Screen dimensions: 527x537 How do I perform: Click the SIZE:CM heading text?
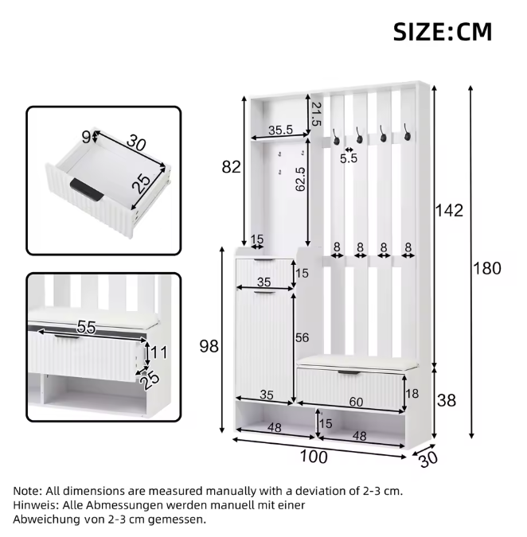[x=442, y=32]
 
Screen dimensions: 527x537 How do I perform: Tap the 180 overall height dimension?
[x=487, y=268]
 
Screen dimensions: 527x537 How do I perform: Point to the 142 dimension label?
[x=449, y=210]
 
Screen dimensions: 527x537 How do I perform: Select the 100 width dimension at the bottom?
[x=314, y=457]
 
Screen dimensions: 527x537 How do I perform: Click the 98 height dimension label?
[x=209, y=346]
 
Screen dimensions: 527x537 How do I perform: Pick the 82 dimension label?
[x=232, y=167]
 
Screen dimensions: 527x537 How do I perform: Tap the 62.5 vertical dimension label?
[x=299, y=179]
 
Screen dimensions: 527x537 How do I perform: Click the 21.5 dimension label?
[x=316, y=114]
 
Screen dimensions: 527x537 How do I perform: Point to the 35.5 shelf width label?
[x=281, y=130]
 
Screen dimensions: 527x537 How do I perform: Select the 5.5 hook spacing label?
[x=349, y=158]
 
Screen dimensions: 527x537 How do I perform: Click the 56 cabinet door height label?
[x=303, y=337]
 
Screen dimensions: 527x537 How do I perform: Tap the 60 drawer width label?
[x=356, y=402]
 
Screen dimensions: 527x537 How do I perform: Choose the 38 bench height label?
[x=447, y=400]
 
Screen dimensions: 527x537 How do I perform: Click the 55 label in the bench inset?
[x=86, y=327]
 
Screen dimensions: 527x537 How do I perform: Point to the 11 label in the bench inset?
[x=159, y=352]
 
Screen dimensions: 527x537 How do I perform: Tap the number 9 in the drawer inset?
[x=86, y=138]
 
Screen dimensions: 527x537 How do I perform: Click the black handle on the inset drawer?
[x=86, y=189]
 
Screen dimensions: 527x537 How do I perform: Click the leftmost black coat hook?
[x=335, y=137]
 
